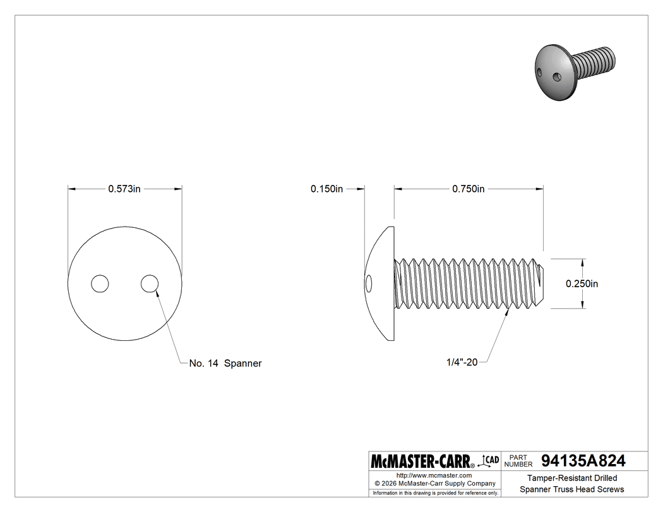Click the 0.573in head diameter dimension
[x=124, y=189]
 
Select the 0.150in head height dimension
[x=326, y=189]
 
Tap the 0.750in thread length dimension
[x=468, y=189]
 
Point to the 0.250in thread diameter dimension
[x=582, y=283]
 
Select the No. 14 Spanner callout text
[x=225, y=363]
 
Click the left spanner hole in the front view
[x=99, y=284]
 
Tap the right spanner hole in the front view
[x=149, y=284]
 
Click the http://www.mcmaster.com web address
[x=434, y=475]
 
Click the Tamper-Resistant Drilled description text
[x=572, y=478]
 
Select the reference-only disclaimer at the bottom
[x=435, y=492]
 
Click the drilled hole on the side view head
[x=369, y=283]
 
